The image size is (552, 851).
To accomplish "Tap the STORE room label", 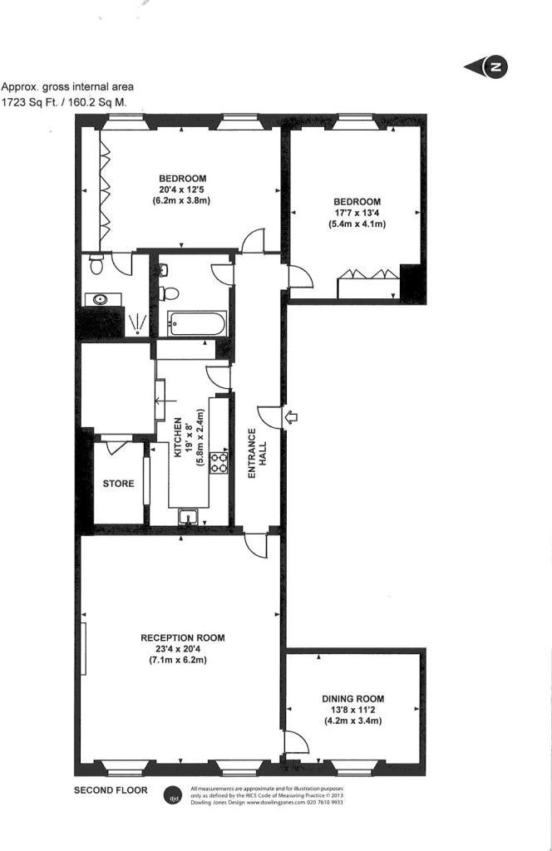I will pos(117,483).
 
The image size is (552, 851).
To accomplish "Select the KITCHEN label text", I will pos(177,438).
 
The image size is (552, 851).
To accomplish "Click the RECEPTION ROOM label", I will pos(183,638).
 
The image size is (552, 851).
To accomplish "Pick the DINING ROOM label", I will pos(353,699).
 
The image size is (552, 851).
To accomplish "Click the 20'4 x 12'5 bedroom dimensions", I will pos(182,189).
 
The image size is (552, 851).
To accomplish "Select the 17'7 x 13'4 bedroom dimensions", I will pos(357,213).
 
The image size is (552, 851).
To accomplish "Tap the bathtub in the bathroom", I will pos(196,322).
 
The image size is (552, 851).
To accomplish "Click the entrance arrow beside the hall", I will pos(291,417).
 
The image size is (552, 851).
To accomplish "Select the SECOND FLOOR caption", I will pos(111,790).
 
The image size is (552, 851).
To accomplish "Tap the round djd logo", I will pos(174,794).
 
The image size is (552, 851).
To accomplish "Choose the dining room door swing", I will pos(295,742).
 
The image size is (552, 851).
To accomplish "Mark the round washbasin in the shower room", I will pos(102,298).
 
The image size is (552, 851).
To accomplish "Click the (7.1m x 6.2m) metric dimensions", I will pos(183,661).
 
